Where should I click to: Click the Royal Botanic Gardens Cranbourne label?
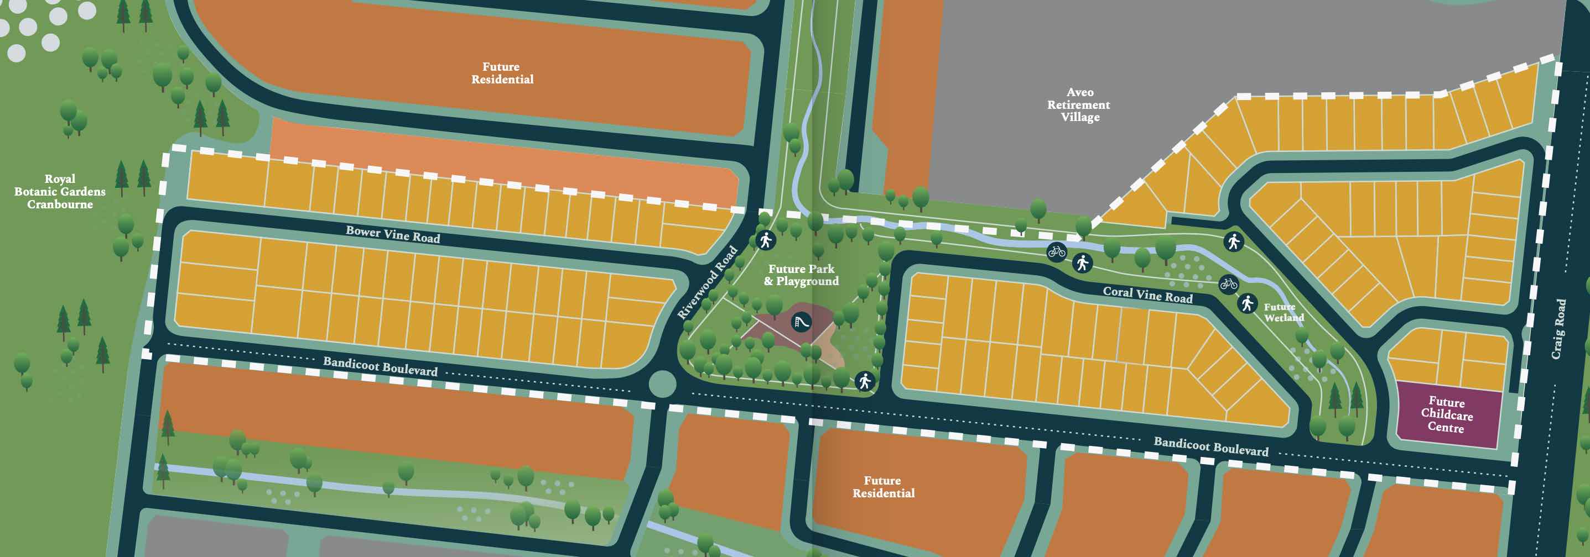[60, 191]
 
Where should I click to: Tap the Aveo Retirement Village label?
[1079, 105]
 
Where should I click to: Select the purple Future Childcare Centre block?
[1448, 415]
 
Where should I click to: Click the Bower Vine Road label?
[393, 234]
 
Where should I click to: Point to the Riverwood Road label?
[708, 282]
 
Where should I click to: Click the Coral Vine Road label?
[1147, 295]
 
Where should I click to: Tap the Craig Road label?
[1559, 329]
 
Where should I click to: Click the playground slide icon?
[801, 322]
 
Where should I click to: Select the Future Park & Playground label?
[801, 275]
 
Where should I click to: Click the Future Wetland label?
[1284, 312]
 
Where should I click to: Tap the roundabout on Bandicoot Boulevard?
[663, 383]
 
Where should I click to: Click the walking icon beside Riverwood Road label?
[765, 240]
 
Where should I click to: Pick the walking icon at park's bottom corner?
[865, 381]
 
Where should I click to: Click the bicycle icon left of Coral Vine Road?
[1057, 251]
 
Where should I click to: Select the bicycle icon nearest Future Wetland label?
[1229, 283]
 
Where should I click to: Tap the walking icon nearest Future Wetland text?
[1248, 303]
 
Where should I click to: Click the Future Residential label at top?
[502, 73]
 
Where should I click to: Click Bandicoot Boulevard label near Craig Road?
[1211, 446]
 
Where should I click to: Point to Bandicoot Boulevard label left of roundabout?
[380, 366]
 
